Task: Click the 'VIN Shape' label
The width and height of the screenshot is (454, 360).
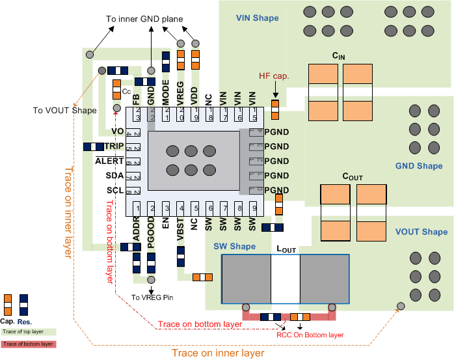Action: tap(258, 18)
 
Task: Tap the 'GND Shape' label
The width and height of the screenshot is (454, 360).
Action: tap(418, 167)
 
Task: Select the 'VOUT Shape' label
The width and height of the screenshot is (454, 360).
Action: tap(421, 232)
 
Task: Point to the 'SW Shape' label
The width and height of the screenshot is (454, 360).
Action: tap(235, 246)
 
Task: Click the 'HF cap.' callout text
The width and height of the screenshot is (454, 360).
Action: tap(274, 76)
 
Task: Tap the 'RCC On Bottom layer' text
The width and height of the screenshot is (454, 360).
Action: tap(310, 335)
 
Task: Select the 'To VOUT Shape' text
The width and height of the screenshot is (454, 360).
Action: tap(64, 110)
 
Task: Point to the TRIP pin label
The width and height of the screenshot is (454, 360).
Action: tap(114, 146)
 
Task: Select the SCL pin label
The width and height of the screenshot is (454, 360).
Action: tap(114, 191)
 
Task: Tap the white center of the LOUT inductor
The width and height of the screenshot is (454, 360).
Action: tap(285, 279)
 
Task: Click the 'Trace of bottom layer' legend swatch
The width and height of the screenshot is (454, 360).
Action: tap(28, 344)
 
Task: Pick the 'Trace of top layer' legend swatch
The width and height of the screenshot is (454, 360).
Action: tap(28, 332)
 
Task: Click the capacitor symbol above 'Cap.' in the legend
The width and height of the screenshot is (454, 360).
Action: tap(8, 305)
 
